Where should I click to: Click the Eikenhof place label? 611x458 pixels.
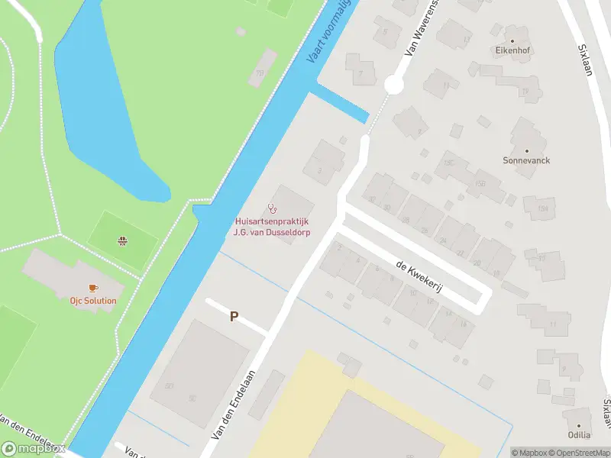(512, 50)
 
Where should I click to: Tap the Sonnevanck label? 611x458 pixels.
(526, 161)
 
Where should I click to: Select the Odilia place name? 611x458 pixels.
(579, 435)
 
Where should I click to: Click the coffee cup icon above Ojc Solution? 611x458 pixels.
(93, 288)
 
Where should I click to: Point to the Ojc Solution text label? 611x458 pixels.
(93, 301)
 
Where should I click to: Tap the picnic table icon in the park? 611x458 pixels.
(121, 242)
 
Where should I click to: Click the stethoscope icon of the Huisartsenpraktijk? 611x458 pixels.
(271, 208)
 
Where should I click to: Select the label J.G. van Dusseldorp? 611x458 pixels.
(272, 233)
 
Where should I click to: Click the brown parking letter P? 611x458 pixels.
(234, 317)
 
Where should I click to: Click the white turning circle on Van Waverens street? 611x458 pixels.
(393, 85)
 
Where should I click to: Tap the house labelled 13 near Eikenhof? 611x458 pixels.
(466, 37)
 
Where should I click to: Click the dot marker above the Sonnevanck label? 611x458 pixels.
(526, 150)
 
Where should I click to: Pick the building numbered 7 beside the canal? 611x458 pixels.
(360, 73)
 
